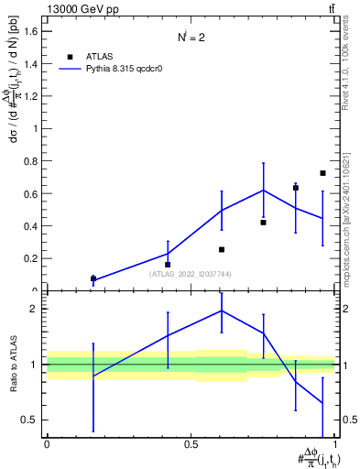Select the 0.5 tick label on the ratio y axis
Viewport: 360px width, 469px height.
coord(31,420)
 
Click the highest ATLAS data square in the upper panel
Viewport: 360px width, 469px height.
coord(322,173)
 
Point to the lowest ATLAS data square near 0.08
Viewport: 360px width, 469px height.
coord(93,278)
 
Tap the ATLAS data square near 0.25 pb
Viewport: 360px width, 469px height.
coord(221,249)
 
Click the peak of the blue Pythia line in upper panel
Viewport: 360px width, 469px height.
coord(264,191)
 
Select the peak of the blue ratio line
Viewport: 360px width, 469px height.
coord(221,311)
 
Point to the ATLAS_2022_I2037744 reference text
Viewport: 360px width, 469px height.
coord(190,273)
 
